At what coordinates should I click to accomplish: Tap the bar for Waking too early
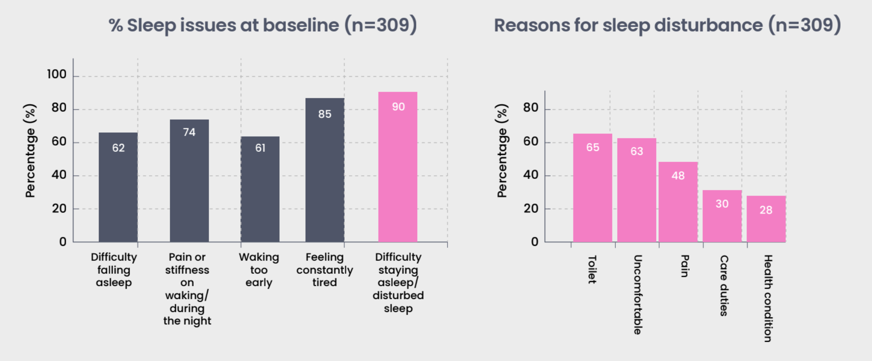(260, 189)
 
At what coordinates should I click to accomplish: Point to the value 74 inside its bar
(189, 132)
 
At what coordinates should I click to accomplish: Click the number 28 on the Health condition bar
(766, 210)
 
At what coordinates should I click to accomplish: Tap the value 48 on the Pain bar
(678, 176)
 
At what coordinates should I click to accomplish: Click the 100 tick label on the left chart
(56, 74)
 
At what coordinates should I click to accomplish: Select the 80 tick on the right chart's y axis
(531, 108)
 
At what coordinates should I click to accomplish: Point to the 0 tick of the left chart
(63, 242)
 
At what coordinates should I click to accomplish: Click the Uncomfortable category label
(637, 294)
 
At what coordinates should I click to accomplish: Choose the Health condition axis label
(768, 298)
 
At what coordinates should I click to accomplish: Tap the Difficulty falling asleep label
(114, 270)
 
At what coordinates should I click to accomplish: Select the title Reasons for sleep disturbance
(667, 25)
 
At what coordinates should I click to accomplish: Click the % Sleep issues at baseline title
(263, 25)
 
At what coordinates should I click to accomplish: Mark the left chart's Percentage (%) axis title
(30, 150)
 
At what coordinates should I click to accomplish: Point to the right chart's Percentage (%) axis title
(502, 150)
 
